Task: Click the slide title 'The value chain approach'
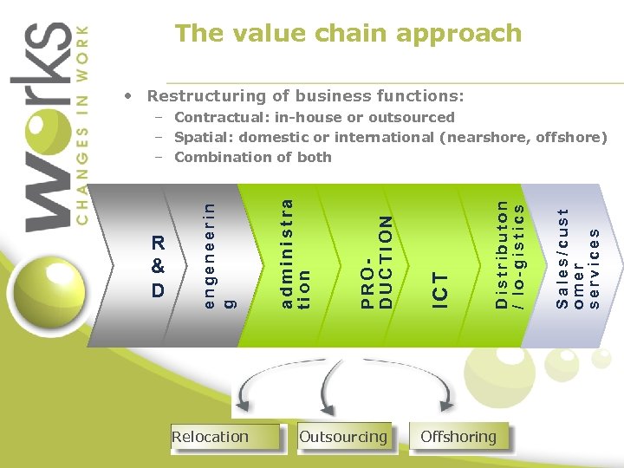348,34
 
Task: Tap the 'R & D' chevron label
158,267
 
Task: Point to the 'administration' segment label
296,252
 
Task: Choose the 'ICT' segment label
441,289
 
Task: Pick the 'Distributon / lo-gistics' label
509,255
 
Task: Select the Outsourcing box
343,437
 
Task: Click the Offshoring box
458,437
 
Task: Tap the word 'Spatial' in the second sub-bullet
204,137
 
